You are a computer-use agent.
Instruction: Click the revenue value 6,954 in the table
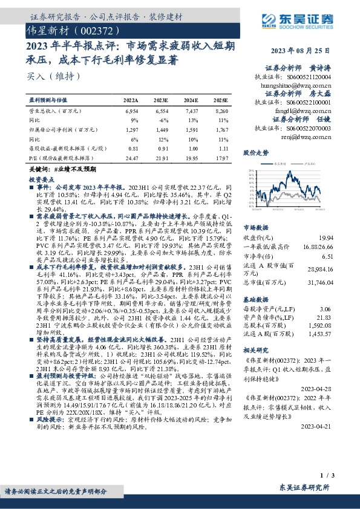click(x=131, y=112)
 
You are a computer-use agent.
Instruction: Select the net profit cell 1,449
click(x=161, y=129)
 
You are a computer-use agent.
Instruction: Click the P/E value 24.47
click(x=131, y=158)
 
